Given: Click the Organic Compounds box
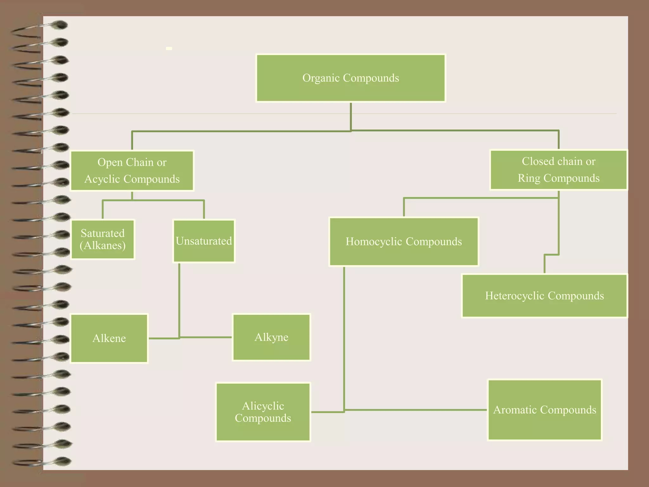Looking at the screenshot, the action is [x=351, y=78].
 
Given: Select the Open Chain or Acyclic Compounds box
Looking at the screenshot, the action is [x=132, y=171].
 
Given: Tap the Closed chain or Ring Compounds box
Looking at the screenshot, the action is [x=559, y=170].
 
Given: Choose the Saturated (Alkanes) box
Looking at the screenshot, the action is [x=103, y=239].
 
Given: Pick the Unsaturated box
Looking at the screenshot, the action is [x=204, y=241].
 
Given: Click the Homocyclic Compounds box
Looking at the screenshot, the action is [x=404, y=242].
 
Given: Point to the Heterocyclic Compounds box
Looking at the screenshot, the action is [x=544, y=295].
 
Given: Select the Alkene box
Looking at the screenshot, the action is [x=109, y=338].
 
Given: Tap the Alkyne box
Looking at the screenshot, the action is [x=272, y=337].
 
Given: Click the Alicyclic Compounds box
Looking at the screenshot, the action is [x=263, y=412].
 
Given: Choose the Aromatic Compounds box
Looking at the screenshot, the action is [x=545, y=410].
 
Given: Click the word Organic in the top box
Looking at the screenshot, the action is [x=321, y=78].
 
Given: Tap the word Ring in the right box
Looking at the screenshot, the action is [x=529, y=178].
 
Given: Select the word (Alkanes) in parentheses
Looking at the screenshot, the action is [x=103, y=245].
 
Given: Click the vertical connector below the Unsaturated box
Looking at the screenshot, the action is [x=179, y=301].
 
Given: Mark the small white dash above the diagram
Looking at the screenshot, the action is [x=169, y=49].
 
